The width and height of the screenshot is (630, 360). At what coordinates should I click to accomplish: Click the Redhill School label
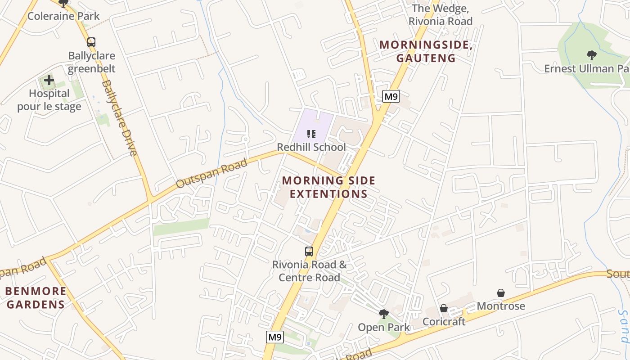pos(311,147)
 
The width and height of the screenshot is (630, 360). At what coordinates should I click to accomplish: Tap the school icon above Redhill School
pos(311,134)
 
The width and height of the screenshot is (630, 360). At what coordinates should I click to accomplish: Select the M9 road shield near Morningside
pos(391,96)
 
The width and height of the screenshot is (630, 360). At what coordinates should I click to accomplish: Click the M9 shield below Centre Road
pos(275,337)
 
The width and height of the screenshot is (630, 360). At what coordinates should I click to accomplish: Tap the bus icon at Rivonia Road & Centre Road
pos(309,252)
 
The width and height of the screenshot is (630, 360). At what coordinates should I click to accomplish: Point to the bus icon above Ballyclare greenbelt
pos(91,42)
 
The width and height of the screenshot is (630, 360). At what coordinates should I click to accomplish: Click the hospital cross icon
pos(49,81)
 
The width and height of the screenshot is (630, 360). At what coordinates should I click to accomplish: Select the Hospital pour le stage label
pos(49,100)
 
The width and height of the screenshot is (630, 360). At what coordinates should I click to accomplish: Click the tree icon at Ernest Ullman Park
pos(591,55)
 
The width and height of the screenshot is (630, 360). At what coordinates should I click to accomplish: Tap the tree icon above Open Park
pos(384,314)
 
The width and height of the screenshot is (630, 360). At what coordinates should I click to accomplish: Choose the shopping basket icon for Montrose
pos(501,293)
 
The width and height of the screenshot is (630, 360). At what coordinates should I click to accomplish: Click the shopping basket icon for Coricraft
pos(444,308)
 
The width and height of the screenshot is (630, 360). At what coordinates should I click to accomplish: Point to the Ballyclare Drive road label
pos(119,118)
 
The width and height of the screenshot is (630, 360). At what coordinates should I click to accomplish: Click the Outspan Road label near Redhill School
pos(211,174)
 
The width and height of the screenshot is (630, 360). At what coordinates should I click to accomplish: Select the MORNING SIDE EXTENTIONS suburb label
pos(328,187)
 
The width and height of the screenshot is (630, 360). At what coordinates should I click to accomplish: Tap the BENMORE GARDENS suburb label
pos(36,298)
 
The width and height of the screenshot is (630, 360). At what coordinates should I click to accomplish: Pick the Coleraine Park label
pos(63,16)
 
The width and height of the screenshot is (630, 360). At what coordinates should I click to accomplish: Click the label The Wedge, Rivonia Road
pos(440,15)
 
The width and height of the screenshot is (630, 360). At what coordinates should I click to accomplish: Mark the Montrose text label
pos(501,306)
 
